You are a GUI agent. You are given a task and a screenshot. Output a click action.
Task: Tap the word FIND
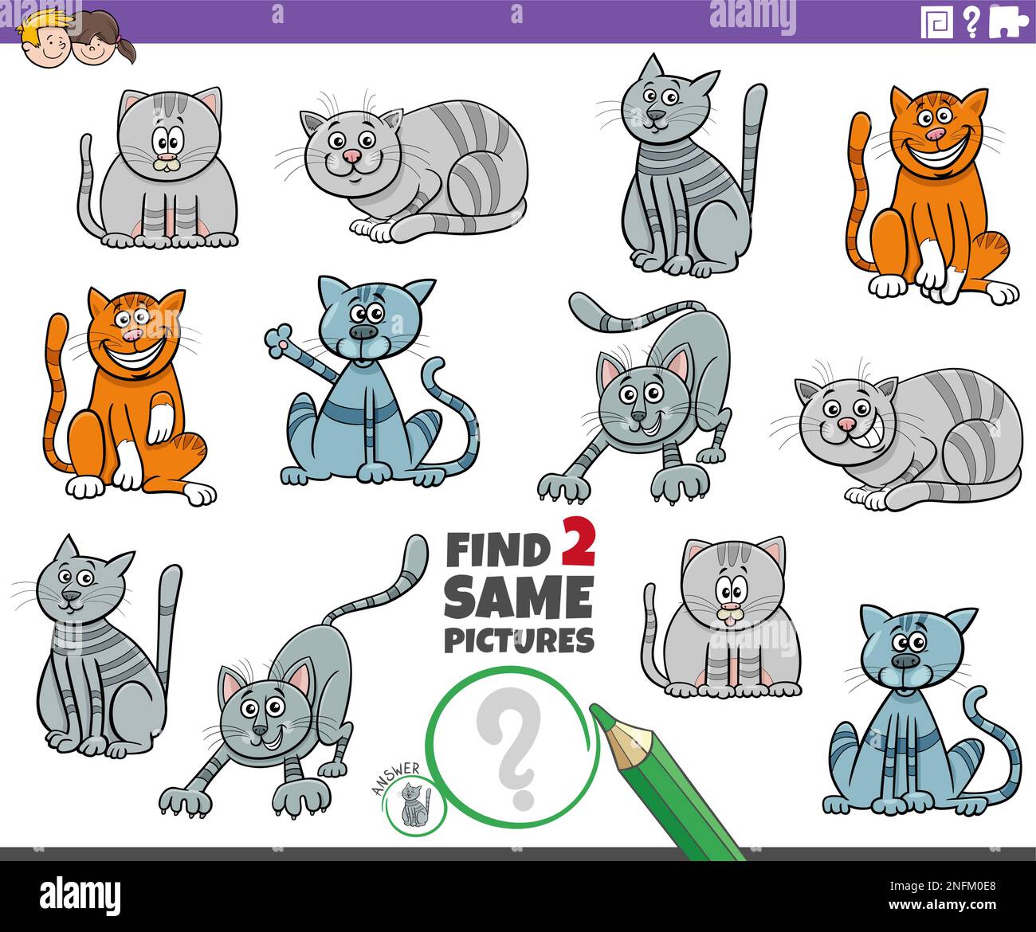499,550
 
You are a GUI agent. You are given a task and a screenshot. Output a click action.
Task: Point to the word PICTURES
519,640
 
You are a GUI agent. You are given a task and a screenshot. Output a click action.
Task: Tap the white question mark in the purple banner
971,22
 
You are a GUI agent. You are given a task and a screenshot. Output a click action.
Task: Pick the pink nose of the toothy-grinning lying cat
845,425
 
